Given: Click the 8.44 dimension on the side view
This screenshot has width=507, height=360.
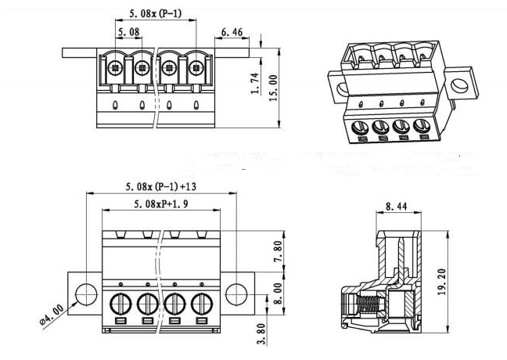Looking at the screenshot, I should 395,207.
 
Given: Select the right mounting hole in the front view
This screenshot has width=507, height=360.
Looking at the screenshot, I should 236,293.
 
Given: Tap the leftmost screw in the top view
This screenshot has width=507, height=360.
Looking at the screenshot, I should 115,67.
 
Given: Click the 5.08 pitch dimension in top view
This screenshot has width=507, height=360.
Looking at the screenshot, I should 129,32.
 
